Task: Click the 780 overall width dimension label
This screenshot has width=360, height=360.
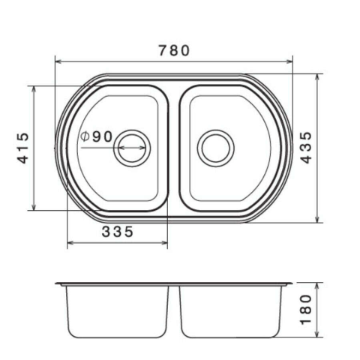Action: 174,50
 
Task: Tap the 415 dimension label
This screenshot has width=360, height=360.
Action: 23,148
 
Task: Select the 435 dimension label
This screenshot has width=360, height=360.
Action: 306,148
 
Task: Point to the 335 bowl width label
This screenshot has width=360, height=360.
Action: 117,232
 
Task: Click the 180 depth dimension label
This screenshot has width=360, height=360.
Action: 306,310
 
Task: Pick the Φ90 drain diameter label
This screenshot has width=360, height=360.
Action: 97,136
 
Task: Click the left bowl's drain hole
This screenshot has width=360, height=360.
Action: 132,148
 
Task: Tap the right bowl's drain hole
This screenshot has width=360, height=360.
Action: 216,148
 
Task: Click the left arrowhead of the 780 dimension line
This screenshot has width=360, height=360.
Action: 58,61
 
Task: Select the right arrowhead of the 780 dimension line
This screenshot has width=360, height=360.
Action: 289,61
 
